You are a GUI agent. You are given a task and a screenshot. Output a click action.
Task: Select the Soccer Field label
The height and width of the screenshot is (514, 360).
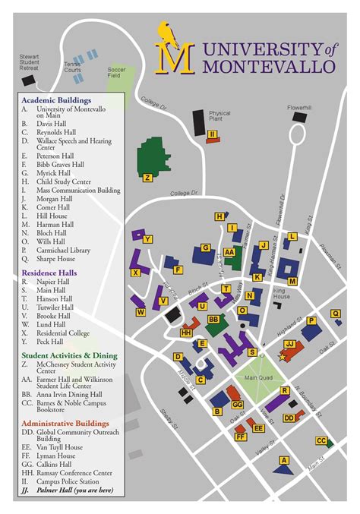[x=117, y=72]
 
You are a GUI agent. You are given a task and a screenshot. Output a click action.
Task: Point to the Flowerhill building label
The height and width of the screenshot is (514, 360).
[x=299, y=107]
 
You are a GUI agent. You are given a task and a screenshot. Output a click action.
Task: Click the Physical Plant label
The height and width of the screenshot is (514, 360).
[x=219, y=117]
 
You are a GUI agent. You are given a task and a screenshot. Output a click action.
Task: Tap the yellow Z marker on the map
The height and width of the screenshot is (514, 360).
[x=147, y=178]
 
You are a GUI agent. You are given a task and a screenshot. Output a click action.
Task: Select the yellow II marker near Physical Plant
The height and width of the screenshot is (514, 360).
[x=213, y=134]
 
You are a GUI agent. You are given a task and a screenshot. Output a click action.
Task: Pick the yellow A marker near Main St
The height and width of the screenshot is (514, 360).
[x=284, y=459]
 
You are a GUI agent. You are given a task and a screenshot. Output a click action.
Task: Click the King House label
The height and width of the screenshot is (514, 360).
[x=282, y=293]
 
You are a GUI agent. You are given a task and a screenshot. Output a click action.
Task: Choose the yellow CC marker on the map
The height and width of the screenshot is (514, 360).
[x=321, y=440]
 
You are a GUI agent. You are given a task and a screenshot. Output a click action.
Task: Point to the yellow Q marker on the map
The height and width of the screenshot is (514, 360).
[x=335, y=313]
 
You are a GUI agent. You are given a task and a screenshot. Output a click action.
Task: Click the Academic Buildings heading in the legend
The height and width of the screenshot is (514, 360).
[x=56, y=99]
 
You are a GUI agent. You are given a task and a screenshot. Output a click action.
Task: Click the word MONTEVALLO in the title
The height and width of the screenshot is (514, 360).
[x=270, y=66]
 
